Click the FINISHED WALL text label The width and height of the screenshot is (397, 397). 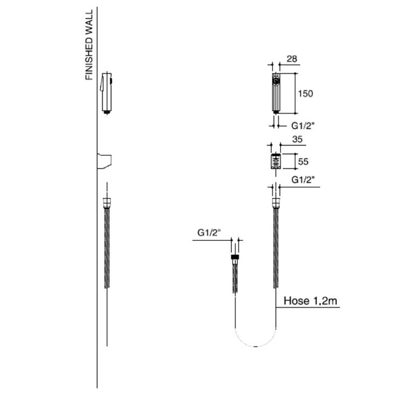(x=89, y=45)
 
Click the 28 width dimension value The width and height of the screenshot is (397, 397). (x=292, y=59)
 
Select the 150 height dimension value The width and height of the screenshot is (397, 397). (x=305, y=94)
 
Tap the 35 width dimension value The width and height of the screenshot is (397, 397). (x=297, y=139)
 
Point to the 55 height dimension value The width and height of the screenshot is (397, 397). (x=303, y=162)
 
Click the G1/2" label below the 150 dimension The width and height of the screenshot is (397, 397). (x=303, y=126)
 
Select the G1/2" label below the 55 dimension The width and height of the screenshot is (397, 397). (x=303, y=180)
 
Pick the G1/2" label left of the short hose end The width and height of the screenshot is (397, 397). (x=209, y=233)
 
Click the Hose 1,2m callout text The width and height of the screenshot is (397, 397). (x=310, y=301)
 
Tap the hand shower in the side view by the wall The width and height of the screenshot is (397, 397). (x=106, y=93)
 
